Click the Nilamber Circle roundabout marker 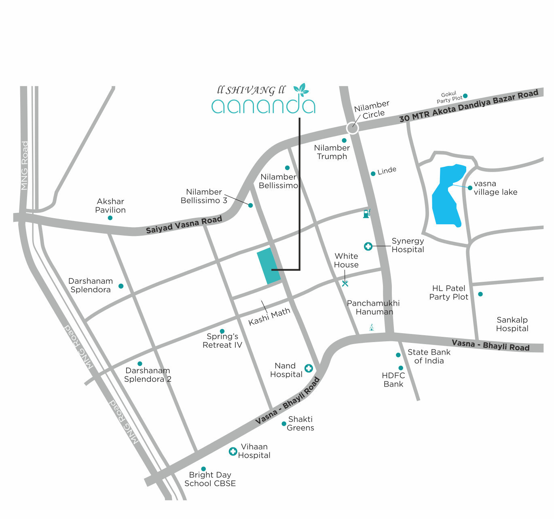tap(353, 128)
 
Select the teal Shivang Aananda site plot tap(269, 266)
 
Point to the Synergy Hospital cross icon tap(368, 246)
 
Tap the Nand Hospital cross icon tap(309, 368)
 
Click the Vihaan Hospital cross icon tap(233, 451)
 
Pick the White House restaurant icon tap(345, 283)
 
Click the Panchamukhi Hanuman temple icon tap(372, 327)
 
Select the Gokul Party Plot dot tap(465, 96)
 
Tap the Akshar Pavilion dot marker tap(110, 218)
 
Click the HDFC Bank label tap(393, 380)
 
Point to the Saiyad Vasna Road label tap(184, 225)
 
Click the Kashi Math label tap(269, 317)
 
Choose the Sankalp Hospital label tap(512, 324)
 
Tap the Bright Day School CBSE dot tap(203, 469)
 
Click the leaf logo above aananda tap(300, 89)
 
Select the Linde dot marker tap(373, 174)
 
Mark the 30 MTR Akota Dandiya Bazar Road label tap(469, 105)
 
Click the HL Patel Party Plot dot tap(480, 294)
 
